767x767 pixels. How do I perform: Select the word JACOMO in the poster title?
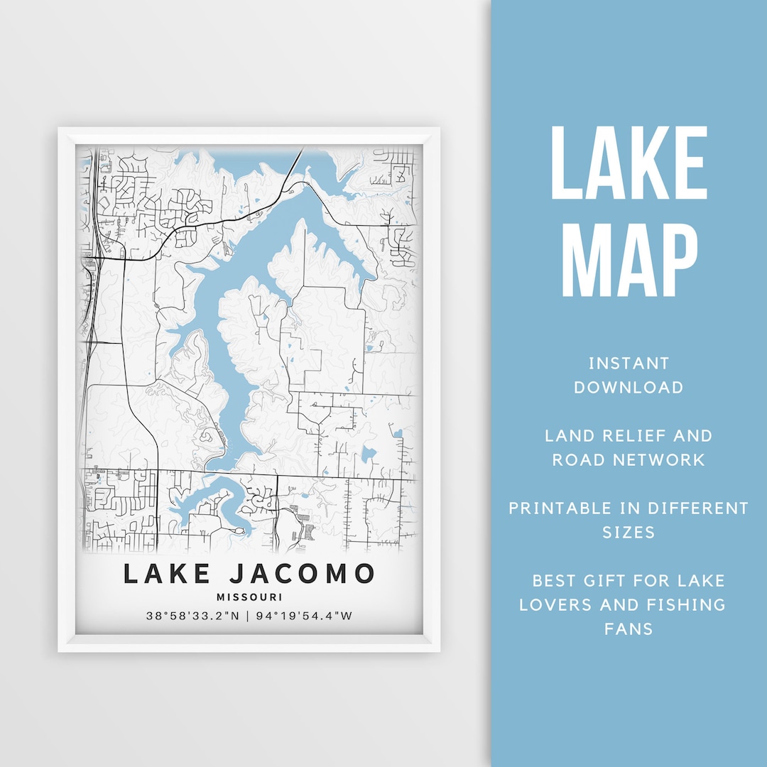coord(305,574)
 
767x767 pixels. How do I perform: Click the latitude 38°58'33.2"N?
coord(192,616)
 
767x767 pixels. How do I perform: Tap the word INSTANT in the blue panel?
coord(629,364)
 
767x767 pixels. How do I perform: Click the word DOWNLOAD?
coord(629,388)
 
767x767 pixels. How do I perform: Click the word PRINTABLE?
coord(560,508)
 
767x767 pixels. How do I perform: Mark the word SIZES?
coord(629,532)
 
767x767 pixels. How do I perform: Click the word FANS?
coord(629,629)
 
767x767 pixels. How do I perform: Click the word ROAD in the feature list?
coord(576,459)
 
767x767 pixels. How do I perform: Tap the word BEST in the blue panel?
coord(554,580)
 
